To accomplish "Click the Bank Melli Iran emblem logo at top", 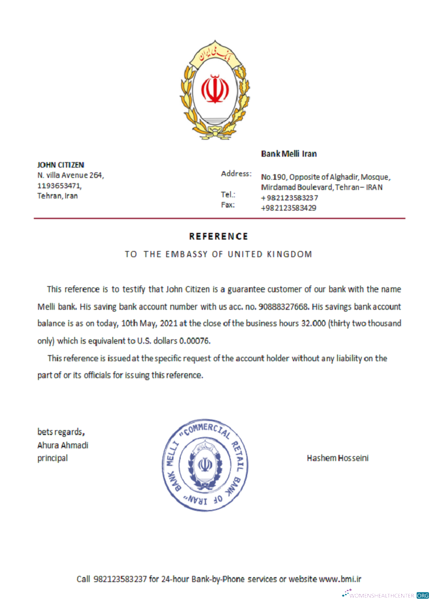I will point(216,91).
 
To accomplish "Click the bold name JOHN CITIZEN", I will point(60,165).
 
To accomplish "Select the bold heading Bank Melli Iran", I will point(289,154).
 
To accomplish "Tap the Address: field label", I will point(236,174).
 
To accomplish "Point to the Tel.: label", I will point(228,195).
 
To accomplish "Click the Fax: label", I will point(228,204).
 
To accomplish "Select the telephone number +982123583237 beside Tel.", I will point(289,198).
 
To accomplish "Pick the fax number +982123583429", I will point(289,208).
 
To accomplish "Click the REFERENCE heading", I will point(218,236).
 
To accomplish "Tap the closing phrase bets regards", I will point(61,432).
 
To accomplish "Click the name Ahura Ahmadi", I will point(63,445).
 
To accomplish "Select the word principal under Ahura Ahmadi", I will point(53,458).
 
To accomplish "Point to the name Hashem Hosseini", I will point(338,458).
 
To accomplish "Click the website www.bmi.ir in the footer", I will point(340,579).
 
